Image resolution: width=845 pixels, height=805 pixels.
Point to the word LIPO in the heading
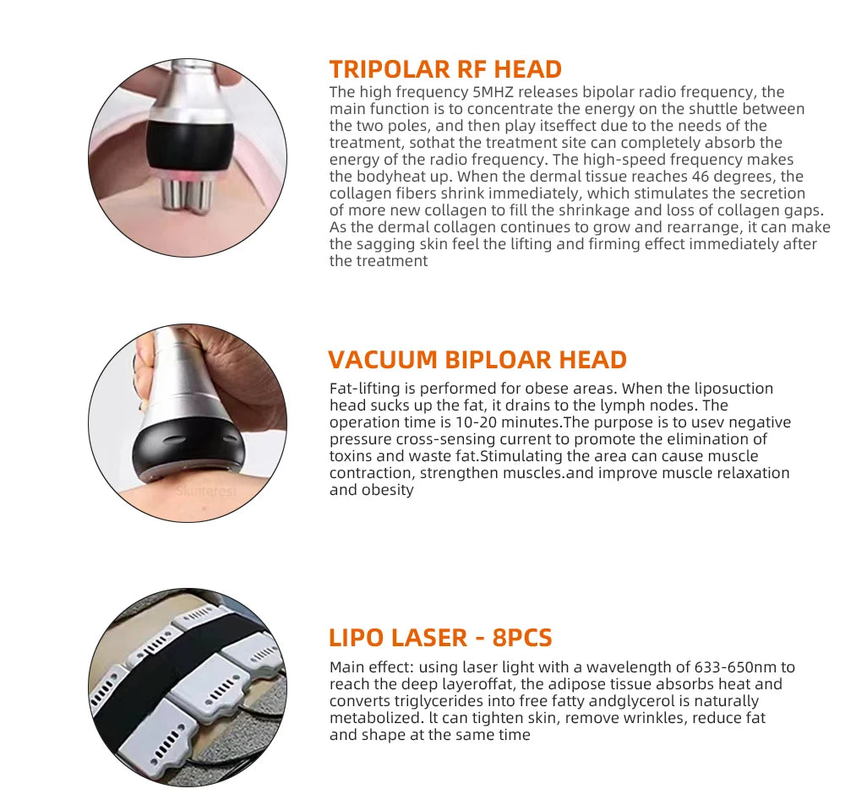(357, 637)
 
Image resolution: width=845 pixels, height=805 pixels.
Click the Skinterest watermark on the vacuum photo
(207, 491)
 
